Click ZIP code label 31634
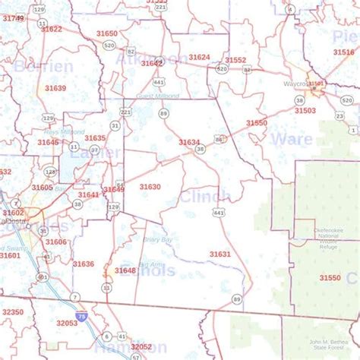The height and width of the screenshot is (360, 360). click(189, 142)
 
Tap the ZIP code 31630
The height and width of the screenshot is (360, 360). click(150, 186)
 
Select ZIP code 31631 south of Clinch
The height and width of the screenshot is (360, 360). click(219, 254)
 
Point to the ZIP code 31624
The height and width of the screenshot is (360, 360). click(199, 57)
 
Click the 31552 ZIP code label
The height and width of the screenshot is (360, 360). click(235, 60)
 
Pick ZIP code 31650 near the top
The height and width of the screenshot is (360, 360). click(107, 33)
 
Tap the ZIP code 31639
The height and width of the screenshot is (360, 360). click(55, 88)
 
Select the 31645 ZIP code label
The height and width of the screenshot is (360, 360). click(48, 142)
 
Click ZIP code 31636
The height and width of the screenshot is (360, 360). click(84, 264)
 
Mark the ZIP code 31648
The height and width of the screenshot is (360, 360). click(125, 270)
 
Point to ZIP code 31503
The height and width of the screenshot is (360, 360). click(305, 110)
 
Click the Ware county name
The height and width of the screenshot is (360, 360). click(291, 138)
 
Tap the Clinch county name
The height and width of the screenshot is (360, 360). click(204, 197)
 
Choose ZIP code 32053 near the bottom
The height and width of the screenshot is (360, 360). click(67, 323)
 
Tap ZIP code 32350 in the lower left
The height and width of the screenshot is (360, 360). click(13, 312)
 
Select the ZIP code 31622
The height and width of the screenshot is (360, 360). click(52, 29)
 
